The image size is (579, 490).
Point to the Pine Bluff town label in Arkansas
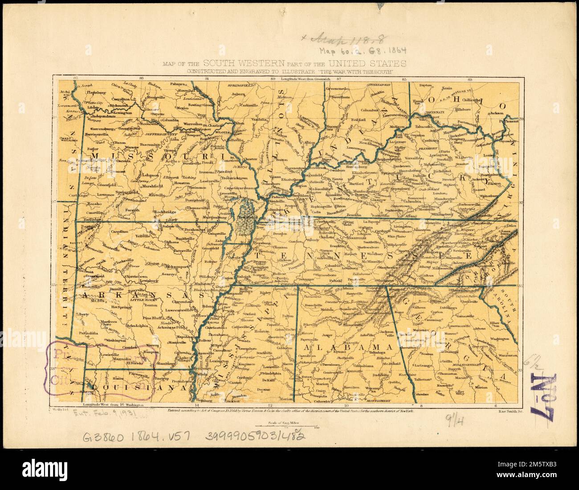154,318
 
